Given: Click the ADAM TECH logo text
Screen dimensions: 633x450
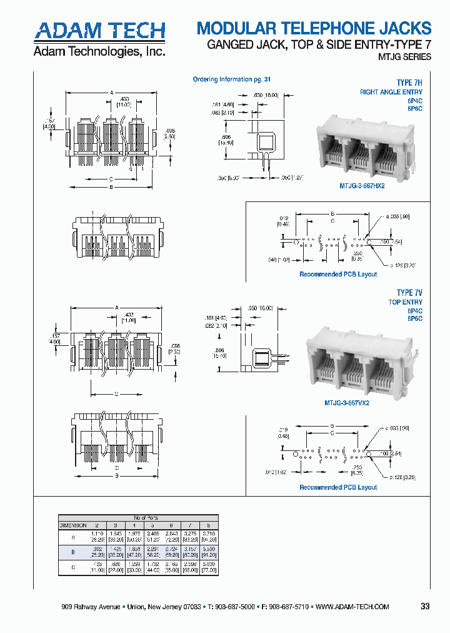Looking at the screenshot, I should click(x=99, y=31).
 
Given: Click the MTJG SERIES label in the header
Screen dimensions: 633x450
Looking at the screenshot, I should click(x=404, y=57).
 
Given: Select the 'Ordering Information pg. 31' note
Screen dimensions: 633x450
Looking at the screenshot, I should click(x=231, y=79).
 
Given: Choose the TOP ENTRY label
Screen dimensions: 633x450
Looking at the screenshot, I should click(x=406, y=302).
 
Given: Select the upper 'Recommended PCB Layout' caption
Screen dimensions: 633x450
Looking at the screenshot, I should click(x=338, y=274).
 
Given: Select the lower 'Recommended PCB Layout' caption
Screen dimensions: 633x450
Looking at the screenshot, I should click(x=338, y=487).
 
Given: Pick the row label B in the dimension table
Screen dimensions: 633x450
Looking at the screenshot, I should click(x=74, y=552).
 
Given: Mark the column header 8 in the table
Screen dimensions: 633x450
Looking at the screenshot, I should click(x=208, y=525).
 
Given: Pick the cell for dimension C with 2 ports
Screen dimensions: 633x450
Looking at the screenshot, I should click(x=97, y=567).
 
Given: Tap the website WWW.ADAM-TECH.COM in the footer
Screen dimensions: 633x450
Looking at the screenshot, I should click(x=352, y=607).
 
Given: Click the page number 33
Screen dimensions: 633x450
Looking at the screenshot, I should click(x=425, y=606).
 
